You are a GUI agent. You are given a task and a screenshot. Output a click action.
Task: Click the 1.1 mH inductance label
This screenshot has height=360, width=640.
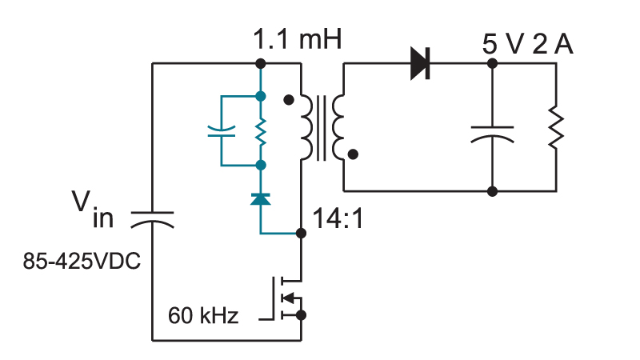297,39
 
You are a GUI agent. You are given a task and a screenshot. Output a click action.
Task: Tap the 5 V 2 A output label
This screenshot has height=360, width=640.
527,44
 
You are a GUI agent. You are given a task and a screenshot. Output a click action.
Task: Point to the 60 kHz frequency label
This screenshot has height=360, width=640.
203,315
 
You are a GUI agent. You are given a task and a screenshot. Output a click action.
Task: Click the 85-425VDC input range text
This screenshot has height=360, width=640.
82,261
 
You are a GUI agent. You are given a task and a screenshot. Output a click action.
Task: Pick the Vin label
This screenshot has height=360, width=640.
93,209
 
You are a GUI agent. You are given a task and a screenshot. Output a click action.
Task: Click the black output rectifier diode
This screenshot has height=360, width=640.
420,63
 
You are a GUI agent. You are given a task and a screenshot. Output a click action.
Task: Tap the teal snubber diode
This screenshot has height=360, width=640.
261,199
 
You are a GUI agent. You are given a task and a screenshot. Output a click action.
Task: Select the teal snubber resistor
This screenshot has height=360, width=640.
261,131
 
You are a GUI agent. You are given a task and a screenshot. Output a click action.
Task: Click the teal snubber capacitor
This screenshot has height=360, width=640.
222,131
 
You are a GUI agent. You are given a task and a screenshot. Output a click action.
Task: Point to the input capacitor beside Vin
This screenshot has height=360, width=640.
152,219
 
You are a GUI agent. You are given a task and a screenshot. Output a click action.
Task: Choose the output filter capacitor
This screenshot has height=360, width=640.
492,134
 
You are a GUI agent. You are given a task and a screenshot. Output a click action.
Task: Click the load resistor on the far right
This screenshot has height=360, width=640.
556,127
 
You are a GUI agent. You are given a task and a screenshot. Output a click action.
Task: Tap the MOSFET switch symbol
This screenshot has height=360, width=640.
286,298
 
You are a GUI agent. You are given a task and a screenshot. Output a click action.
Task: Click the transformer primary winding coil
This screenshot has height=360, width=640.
306,127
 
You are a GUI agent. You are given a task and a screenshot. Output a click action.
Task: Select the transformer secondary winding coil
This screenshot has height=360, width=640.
338,127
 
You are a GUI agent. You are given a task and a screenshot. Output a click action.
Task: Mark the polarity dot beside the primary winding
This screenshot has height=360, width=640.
289,99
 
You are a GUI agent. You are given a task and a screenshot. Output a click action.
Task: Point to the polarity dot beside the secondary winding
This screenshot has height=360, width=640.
353,154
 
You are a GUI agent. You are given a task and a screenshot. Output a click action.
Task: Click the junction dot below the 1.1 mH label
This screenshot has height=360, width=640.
261,63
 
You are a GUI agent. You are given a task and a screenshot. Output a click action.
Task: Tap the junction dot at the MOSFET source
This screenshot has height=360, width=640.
302,315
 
